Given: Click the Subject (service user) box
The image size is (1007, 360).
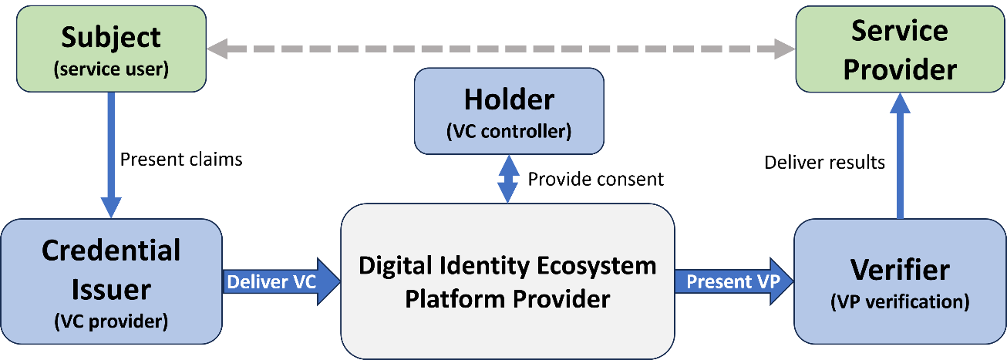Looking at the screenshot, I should click(111, 49).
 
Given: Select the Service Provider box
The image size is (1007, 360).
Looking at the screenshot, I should click(899, 50).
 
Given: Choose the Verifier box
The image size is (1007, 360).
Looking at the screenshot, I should click(899, 281).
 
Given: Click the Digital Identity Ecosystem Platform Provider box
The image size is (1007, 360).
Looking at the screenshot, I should click(507, 281).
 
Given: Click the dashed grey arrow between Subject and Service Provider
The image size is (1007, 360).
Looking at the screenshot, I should click(501, 50).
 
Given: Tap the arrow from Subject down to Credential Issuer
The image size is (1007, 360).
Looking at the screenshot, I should click(111, 154).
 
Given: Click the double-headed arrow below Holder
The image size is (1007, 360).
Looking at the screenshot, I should click(507, 178).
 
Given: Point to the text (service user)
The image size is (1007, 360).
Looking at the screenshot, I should click(111, 69).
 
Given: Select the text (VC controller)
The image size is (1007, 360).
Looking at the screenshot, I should click(509, 131).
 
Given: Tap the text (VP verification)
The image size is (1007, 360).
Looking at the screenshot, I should click(899, 302).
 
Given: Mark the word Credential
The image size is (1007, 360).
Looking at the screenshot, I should click(111, 251).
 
